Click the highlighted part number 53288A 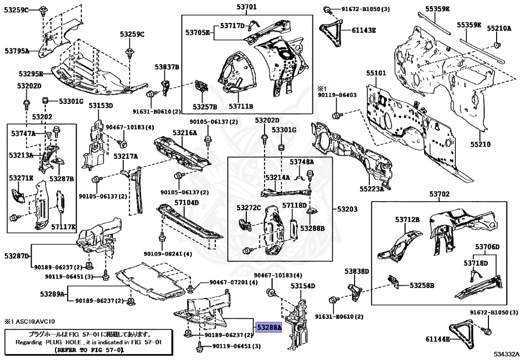(268, 328)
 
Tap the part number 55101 (377, 73)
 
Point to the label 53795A (17, 51)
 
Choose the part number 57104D (187, 203)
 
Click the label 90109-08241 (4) (167, 254)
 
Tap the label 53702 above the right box (439, 194)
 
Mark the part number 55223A (371, 189)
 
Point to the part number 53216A (184, 133)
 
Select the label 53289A (53, 294)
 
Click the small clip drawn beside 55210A (498, 47)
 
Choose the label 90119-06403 (337, 95)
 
